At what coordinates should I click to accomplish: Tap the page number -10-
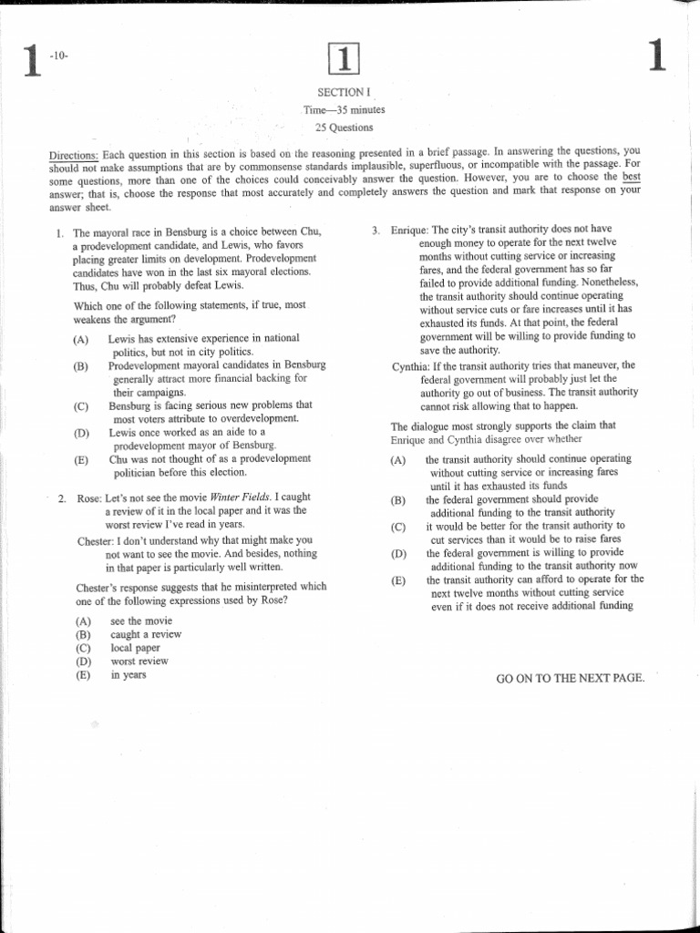pos(60,56)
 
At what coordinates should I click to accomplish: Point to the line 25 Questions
pos(345,128)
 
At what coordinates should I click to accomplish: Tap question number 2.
pos(61,498)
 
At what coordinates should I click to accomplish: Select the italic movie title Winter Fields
pos(241,497)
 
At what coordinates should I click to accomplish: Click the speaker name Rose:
pos(87,498)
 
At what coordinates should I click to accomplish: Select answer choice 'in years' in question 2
pos(128,675)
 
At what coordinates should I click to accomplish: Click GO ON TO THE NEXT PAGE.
pos(570,678)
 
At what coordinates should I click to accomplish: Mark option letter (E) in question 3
pos(398,580)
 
